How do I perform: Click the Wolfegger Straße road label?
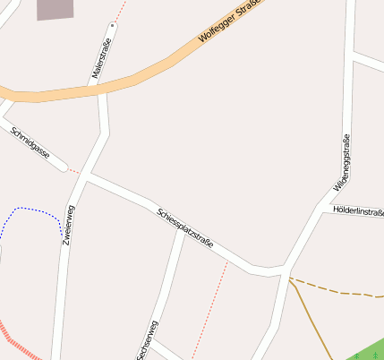(227, 22)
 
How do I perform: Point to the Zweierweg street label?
(67, 225)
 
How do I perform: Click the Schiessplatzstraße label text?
(185, 229)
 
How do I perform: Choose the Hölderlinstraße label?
(357, 211)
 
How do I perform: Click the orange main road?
(134, 80)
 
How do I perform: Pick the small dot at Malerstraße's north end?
(112, 25)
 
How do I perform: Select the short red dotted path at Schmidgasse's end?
(73, 170)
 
